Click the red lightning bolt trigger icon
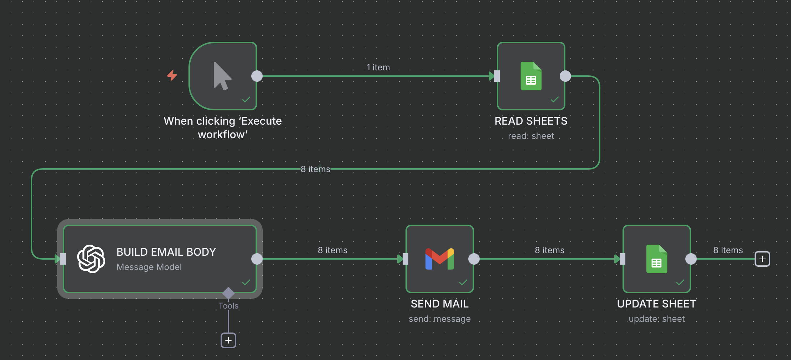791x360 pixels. pos(172,75)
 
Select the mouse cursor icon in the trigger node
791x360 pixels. pos(222,76)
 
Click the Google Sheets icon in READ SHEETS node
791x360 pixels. pos(531,76)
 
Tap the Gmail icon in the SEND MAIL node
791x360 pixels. pos(439,259)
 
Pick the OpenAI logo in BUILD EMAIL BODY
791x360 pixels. pos(91,259)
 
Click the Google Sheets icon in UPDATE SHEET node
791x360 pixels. pos(656,259)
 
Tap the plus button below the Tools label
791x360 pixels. pos(228,340)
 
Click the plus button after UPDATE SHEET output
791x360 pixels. pos(762,259)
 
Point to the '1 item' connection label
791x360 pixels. pos(378,67)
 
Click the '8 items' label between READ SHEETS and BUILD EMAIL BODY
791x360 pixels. pos(316,169)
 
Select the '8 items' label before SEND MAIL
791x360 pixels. pos(333,250)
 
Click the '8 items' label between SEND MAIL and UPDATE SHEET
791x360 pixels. pos(550,250)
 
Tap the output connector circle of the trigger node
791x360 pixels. pos(257,76)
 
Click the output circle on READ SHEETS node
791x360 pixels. pos(565,76)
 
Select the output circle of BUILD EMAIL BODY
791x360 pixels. pos(257,259)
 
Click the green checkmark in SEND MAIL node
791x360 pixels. pos(463,282)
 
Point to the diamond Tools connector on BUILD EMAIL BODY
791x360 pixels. pos(228,293)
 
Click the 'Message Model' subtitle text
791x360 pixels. pos(149,267)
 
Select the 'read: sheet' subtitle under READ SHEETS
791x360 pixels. pos(531,136)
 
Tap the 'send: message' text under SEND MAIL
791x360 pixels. pos(439,319)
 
